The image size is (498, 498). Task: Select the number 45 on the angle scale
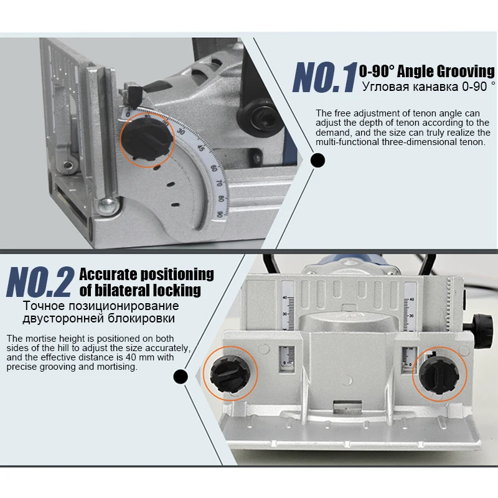[x=200, y=148]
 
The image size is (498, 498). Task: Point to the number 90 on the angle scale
[x=220, y=214]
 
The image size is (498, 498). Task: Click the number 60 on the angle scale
[x=214, y=167]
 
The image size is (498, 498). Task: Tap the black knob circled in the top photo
[x=147, y=139]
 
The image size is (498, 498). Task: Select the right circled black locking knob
[x=439, y=376]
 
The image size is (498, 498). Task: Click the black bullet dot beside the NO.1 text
[x=317, y=160]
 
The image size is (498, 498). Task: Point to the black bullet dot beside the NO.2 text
[x=181, y=377]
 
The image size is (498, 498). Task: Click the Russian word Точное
[x=44, y=306]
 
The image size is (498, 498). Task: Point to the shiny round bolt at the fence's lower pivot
[x=107, y=206]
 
